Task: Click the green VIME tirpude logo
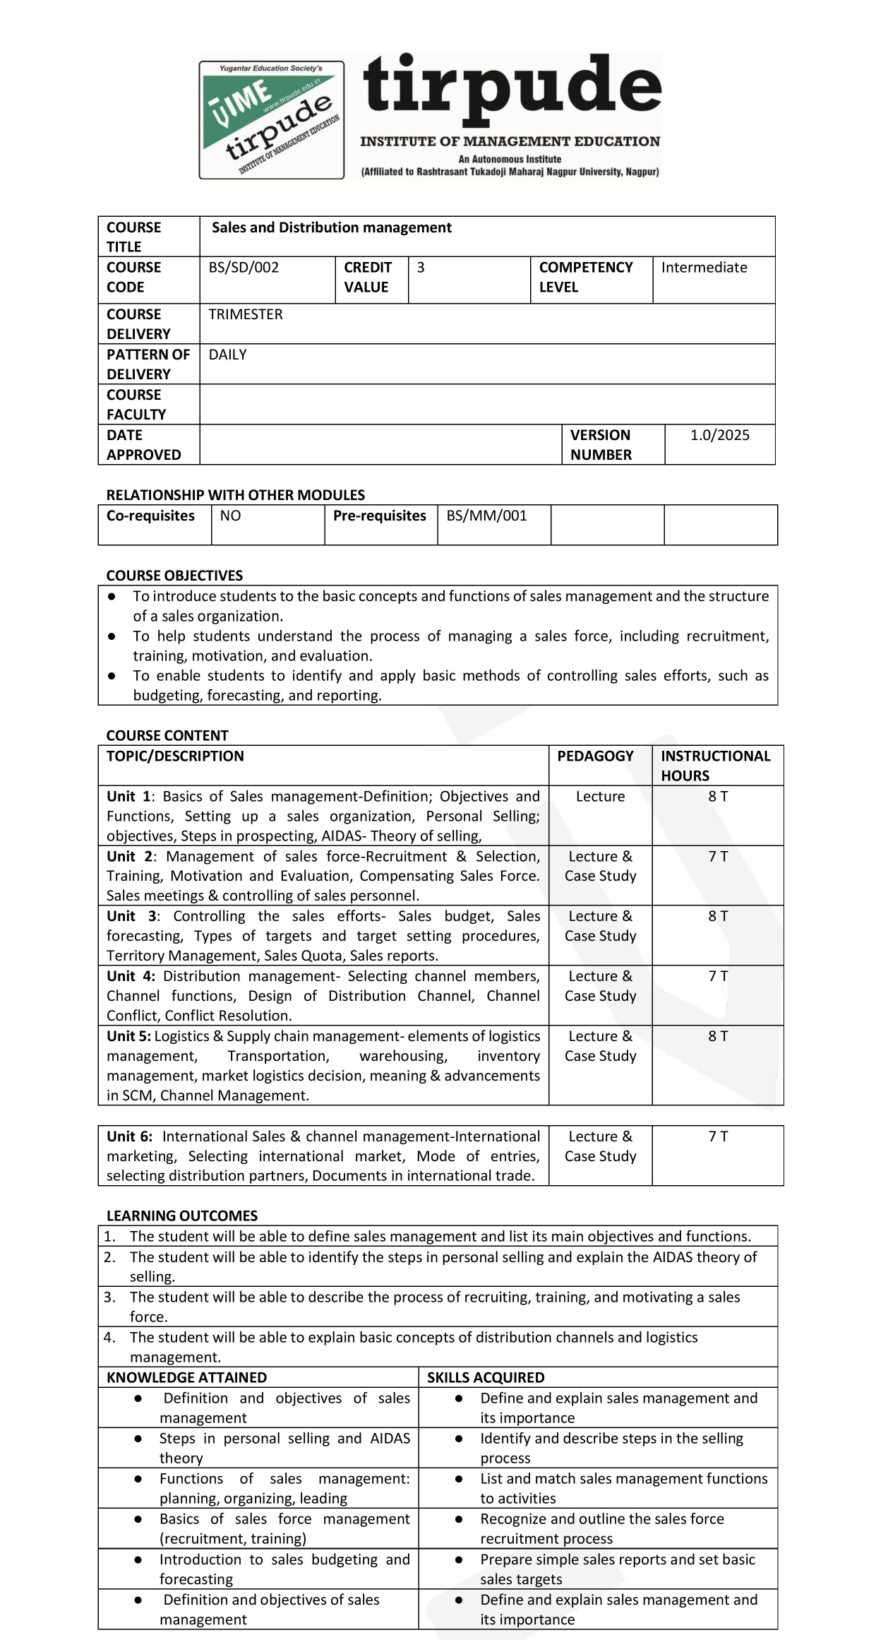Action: tap(272, 119)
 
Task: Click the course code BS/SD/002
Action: tap(244, 268)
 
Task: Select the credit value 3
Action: tap(421, 268)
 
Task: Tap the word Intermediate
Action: tap(704, 268)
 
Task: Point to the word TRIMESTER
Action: tap(245, 314)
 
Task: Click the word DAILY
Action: tap(227, 355)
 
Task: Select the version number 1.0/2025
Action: tap(719, 435)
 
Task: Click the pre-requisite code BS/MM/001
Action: tap(486, 516)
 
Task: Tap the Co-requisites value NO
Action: tap(230, 516)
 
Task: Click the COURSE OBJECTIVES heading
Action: tap(174, 576)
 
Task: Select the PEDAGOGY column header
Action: tap(595, 756)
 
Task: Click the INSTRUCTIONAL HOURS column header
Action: tap(715, 766)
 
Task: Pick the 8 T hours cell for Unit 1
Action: tap(718, 797)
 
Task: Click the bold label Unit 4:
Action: tap(131, 976)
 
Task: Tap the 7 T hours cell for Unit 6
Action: tap(718, 1136)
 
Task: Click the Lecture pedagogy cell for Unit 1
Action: tap(600, 797)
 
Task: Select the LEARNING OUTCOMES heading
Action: tap(182, 1216)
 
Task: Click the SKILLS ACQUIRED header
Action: tap(486, 1377)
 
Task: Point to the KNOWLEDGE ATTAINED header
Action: tap(186, 1377)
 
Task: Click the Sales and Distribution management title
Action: tap(331, 227)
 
